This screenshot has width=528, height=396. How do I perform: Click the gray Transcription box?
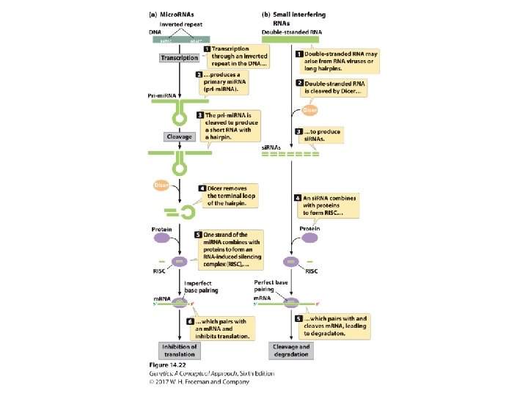pyautogui.click(x=179, y=58)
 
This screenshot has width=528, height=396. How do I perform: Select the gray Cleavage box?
pyautogui.click(x=179, y=136)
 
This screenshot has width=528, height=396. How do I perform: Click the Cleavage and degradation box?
pyautogui.click(x=291, y=350)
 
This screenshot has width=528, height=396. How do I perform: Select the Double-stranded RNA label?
pyautogui.click(x=289, y=32)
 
